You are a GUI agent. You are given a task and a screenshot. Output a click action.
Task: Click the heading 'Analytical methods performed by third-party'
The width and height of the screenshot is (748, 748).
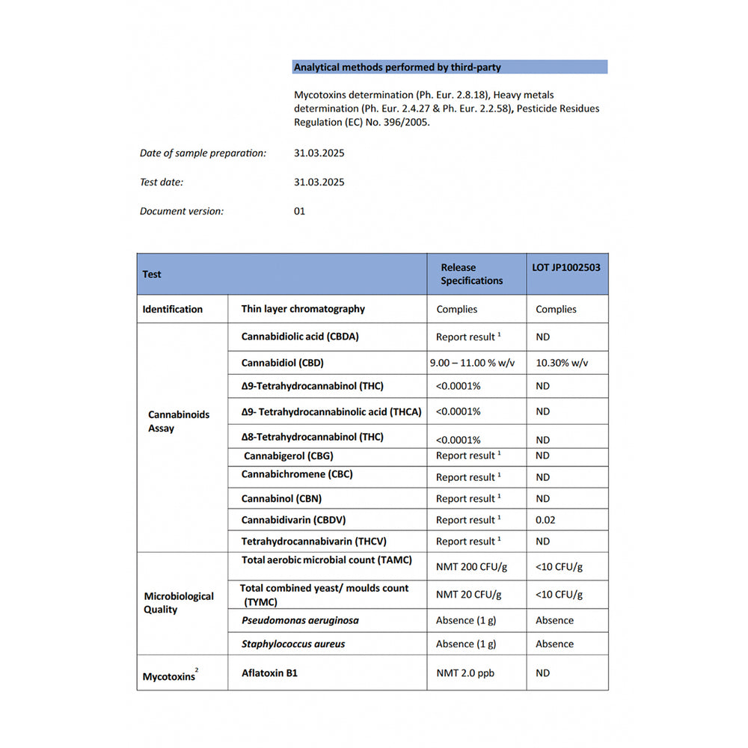tap(397, 67)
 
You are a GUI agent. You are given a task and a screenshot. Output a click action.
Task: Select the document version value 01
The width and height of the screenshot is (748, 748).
tap(300, 211)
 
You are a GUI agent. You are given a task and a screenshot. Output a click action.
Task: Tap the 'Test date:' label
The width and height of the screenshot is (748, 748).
tap(162, 182)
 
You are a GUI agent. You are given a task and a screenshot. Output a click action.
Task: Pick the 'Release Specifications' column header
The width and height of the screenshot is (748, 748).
tap(471, 274)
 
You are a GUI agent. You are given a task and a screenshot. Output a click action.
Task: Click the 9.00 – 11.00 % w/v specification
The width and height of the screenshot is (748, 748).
tap(473, 363)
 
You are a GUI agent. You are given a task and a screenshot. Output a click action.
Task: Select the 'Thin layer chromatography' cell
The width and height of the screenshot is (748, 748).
tap(303, 308)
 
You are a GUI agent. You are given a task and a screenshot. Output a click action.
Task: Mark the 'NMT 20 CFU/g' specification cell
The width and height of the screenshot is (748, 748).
tap(468, 595)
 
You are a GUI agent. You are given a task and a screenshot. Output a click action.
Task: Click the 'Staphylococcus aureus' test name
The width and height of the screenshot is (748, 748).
tap(293, 643)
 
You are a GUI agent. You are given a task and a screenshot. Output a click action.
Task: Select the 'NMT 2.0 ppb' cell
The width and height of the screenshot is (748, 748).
tap(465, 672)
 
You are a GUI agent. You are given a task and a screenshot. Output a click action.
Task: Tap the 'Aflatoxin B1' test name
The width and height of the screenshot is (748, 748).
tap(269, 672)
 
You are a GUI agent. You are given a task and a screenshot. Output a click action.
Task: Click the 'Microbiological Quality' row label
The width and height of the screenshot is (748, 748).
tap(179, 602)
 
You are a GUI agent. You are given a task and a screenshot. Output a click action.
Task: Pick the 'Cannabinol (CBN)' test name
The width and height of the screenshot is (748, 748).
tap(281, 498)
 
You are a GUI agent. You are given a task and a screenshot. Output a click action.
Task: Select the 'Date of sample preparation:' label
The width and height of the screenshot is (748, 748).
tap(203, 153)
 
